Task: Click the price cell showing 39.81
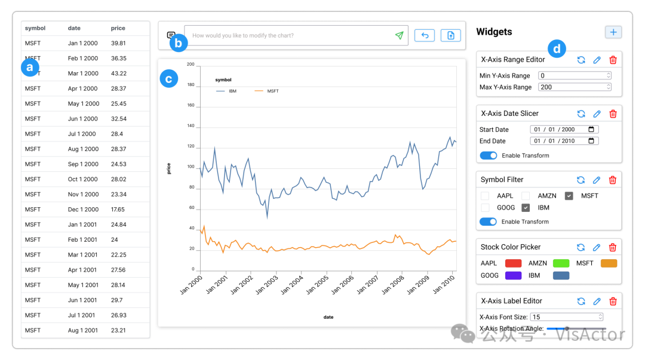tap(118, 44)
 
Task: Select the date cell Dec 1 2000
tap(83, 210)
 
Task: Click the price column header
tap(118, 28)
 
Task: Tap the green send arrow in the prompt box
tap(399, 36)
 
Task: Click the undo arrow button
tap(425, 36)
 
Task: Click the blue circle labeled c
tap(169, 79)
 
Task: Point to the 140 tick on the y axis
tap(191, 126)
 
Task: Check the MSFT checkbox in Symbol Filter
tap(569, 196)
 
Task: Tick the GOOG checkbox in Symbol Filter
tap(485, 208)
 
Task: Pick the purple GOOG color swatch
tap(513, 276)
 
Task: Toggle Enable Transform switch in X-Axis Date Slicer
tap(489, 156)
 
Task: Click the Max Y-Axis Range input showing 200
tap(574, 87)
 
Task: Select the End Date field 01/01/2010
tap(563, 141)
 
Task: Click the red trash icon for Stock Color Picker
tap(613, 247)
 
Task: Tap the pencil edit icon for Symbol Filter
tap(597, 180)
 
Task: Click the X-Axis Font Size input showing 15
tap(566, 317)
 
